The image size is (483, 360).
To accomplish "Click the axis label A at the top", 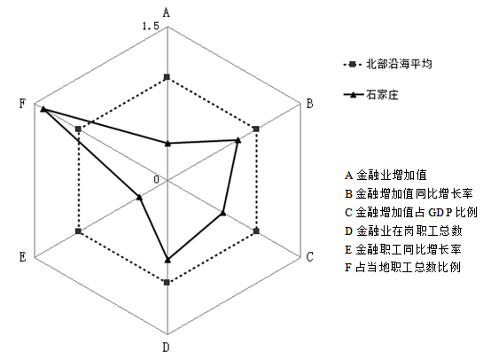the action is pyautogui.click(x=167, y=12).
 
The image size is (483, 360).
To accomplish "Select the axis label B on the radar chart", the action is pyautogui.click(x=310, y=103).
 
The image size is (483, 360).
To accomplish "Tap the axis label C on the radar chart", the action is pyautogui.click(x=310, y=256).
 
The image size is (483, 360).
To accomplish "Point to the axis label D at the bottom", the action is pyautogui.click(x=166, y=348).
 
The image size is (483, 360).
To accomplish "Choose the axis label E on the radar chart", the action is pyautogui.click(x=22, y=256).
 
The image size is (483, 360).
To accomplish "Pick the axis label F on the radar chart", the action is pyautogui.click(x=22, y=103).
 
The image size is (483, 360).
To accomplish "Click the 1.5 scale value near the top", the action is pyautogui.click(x=151, y=27).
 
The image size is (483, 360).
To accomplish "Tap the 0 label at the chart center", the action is pyautogui.click(x=157, y=179).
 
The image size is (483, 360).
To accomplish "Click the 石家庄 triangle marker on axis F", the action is pyautogui.click(x=43, y=109).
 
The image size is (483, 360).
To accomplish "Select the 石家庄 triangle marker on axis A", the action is pyautogui.click(x=167, y=144).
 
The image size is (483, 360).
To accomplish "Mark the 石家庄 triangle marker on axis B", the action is pyautogui.click(x=238, y=140).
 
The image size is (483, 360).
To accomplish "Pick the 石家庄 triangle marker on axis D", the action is pyautogui.click(x=167, y=260).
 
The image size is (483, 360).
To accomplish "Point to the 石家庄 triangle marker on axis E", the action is pyautogui.click(x=139, y=197).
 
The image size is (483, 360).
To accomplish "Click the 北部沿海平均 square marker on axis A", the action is pyautogui.click(x=167, y=77).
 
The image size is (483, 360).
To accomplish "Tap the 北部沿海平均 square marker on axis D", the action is pyautogui.click(x=167, y=282).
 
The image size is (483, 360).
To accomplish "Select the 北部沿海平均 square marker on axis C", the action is pyautogui.click(x=256, y=231).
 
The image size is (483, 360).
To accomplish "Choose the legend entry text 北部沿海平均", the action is pyautogui.click(x=399, y=64).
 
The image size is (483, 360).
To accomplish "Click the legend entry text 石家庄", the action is pyautogui.click(x=382, y=94).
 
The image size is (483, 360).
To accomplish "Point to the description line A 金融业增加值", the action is pyautogui.click(x=386, y=175).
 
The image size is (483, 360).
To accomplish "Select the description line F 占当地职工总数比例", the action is pyautogui.click(x=402, y=267).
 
